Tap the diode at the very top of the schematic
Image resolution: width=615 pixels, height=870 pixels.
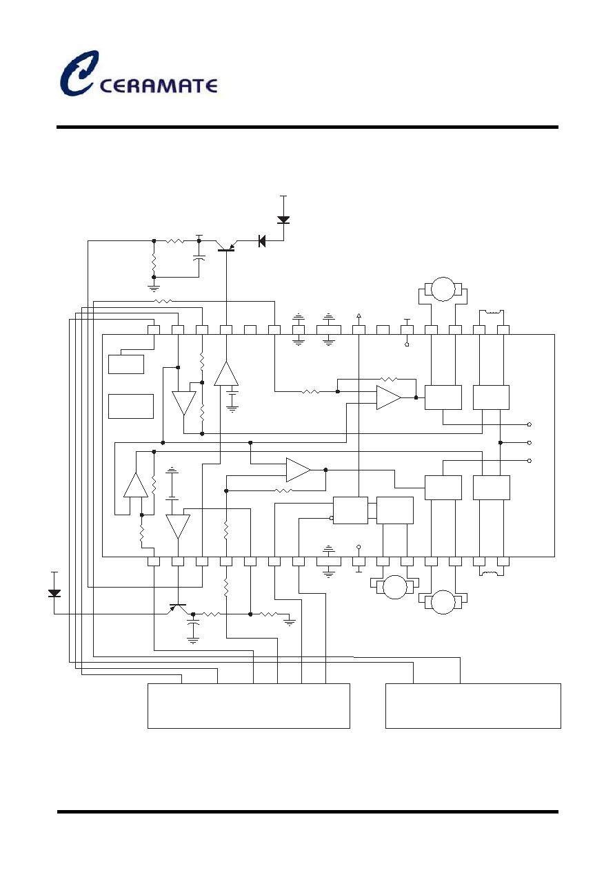(x=283, y=220)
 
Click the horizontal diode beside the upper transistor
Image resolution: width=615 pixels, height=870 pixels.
(x=262, y=241)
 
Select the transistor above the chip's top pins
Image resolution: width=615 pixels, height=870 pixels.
(x=226, y=246)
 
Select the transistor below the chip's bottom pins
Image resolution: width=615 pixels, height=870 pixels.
(x=178, y=609)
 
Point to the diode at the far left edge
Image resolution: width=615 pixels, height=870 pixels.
(x=54, y=593)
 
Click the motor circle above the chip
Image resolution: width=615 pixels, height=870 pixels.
(x=443, y=289)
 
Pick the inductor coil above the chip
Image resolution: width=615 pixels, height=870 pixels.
(x=492, y=311)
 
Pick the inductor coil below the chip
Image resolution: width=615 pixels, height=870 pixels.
(x=492, y=573)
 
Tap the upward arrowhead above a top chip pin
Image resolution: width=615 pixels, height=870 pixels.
(x=359, y=315)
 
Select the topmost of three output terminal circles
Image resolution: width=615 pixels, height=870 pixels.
(x=529, y=424)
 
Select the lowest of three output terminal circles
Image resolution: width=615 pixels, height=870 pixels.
(x=529, y=461)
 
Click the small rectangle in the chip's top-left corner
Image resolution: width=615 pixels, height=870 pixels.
(x=126, y=364)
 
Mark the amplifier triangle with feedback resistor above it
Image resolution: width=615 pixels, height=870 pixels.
(x=388, y=397)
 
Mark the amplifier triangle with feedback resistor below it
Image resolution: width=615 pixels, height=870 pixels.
(x=298, y=470)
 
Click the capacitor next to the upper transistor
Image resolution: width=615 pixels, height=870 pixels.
(x=199, y=258)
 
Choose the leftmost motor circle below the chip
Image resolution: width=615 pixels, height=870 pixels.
(x=395, y=588)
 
